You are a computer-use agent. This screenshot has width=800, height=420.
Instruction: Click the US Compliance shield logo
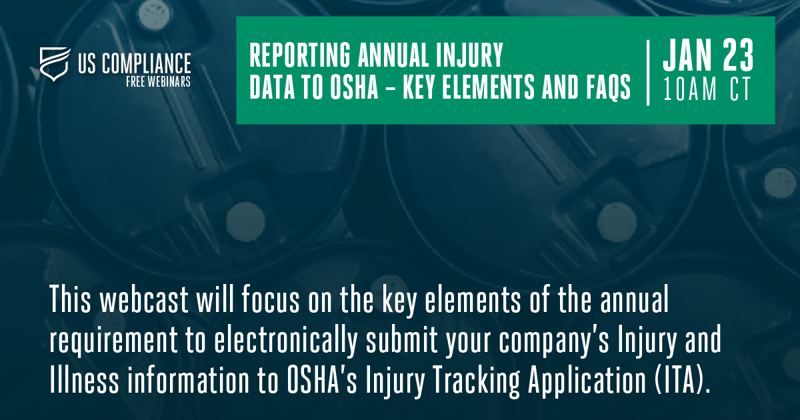(55, 64)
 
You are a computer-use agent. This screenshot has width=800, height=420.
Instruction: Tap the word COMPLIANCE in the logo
(146, 63)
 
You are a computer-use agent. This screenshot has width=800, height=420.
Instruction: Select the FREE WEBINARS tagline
(158, 82)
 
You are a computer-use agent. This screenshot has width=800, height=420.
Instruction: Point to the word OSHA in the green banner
(354, 87)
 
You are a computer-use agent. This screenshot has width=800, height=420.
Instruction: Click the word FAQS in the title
(608, 87)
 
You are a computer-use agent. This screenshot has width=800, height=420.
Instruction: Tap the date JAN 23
(708, 55)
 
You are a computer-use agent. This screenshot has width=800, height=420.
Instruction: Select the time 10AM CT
(707, 89)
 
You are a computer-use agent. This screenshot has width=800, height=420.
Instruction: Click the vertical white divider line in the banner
(648, 73)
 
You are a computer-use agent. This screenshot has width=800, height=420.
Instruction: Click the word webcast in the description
(144, 299)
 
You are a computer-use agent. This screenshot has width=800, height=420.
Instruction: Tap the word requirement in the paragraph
(113, 341)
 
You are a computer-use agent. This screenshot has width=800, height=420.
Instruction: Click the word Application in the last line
(587, 381)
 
